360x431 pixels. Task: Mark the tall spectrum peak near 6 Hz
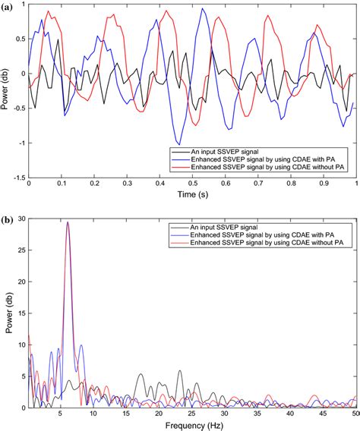(68, 223)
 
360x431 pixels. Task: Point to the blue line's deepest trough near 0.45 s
(178, 143)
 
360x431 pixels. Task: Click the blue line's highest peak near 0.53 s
(203, 10)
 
